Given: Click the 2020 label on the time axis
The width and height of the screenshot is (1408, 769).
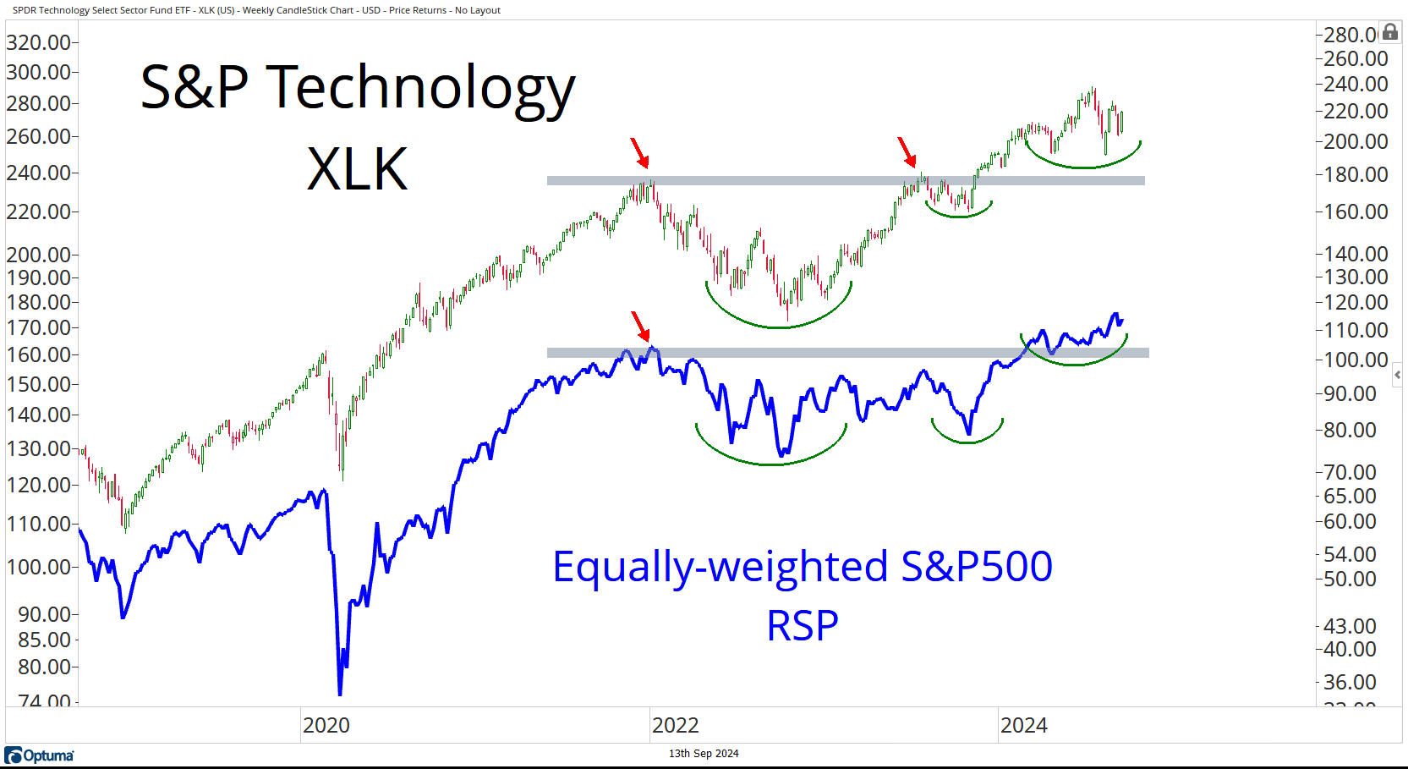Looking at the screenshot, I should (326, 725).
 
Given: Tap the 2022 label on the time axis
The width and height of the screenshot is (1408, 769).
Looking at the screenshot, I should (675, 725).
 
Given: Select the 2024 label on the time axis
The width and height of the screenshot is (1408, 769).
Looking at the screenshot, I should (1023, 725).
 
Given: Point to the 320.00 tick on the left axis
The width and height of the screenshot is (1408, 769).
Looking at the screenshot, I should (38, 42).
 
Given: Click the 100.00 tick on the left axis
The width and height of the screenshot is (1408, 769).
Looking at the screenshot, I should (38, 567).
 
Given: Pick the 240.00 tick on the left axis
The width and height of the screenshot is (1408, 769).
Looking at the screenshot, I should (38, 173).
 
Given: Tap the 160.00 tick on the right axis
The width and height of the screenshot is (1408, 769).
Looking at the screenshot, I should (1356, 211).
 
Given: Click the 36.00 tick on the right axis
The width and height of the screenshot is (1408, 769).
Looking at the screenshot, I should (1350, 682).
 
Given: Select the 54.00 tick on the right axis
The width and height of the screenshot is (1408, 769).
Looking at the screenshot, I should (1350, 554).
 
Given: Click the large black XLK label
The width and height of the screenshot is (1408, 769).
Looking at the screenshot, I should (357, 169).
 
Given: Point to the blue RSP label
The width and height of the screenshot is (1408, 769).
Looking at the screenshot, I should (802, 626).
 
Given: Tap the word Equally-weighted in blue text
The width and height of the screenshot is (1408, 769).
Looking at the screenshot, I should (720, 567).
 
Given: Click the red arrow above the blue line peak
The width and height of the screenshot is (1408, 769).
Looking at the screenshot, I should (641, 326).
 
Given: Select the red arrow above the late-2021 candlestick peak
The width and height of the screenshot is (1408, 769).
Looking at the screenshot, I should (640, 153).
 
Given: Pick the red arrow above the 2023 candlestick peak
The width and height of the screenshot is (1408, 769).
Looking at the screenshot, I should (907, 152).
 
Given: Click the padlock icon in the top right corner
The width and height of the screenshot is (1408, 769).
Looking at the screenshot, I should (1389, 32).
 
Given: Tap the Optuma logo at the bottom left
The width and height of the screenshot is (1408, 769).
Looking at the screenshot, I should (40, 755).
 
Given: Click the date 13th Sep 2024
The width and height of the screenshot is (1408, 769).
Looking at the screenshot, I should (704, 754).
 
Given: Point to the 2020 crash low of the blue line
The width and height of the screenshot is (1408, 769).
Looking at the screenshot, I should (340, 692).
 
